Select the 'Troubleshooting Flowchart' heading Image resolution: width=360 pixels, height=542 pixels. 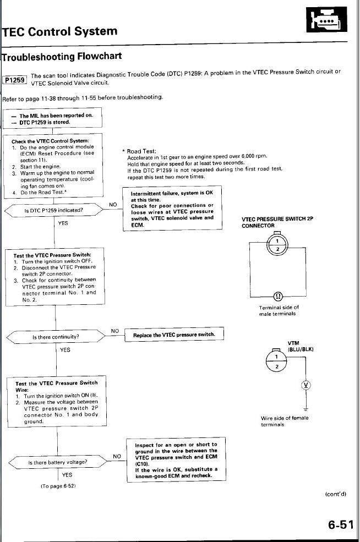point(62,56)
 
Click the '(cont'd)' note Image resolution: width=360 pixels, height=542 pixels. point(335,494)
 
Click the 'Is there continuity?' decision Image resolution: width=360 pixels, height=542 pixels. point(56,336)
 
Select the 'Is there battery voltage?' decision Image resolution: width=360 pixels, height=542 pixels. point(57,462)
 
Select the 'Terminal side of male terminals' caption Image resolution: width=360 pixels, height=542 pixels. point(278,310)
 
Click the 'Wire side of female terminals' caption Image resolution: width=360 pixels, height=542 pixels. point(284,421)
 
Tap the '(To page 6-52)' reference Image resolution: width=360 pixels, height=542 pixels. point(58,486)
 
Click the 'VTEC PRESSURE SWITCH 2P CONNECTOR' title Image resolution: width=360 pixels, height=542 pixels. point(277,222)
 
